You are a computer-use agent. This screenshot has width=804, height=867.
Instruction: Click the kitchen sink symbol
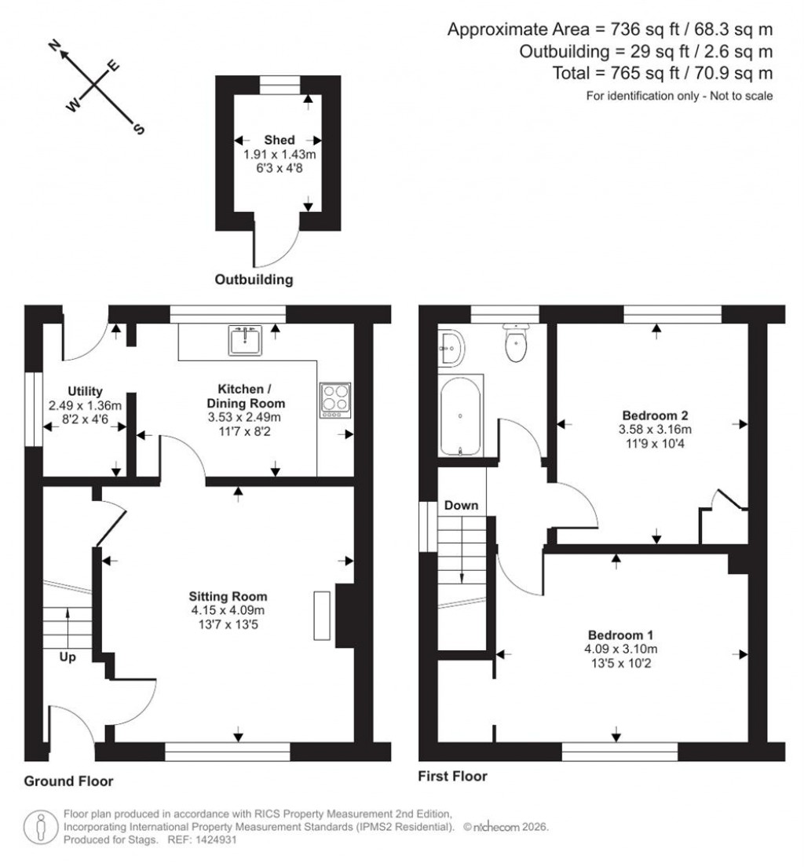[x=246, y=340]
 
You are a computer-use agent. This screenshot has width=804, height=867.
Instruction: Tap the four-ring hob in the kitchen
[x=335, y=398]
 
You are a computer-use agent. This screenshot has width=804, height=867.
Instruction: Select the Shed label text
[x=280, y=141]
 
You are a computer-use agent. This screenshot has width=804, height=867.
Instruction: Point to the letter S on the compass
[x=139, y=129]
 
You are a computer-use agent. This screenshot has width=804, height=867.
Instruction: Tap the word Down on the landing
[x=461, y=505]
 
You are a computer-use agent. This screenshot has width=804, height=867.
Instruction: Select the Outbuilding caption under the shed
[x=254, y=280]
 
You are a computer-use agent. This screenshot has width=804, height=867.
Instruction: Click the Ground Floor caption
[x=68, y=781]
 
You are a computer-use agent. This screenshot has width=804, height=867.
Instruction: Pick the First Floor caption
[x=453, y=777]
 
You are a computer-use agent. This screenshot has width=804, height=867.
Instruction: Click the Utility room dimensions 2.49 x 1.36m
[x=84, y=406]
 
